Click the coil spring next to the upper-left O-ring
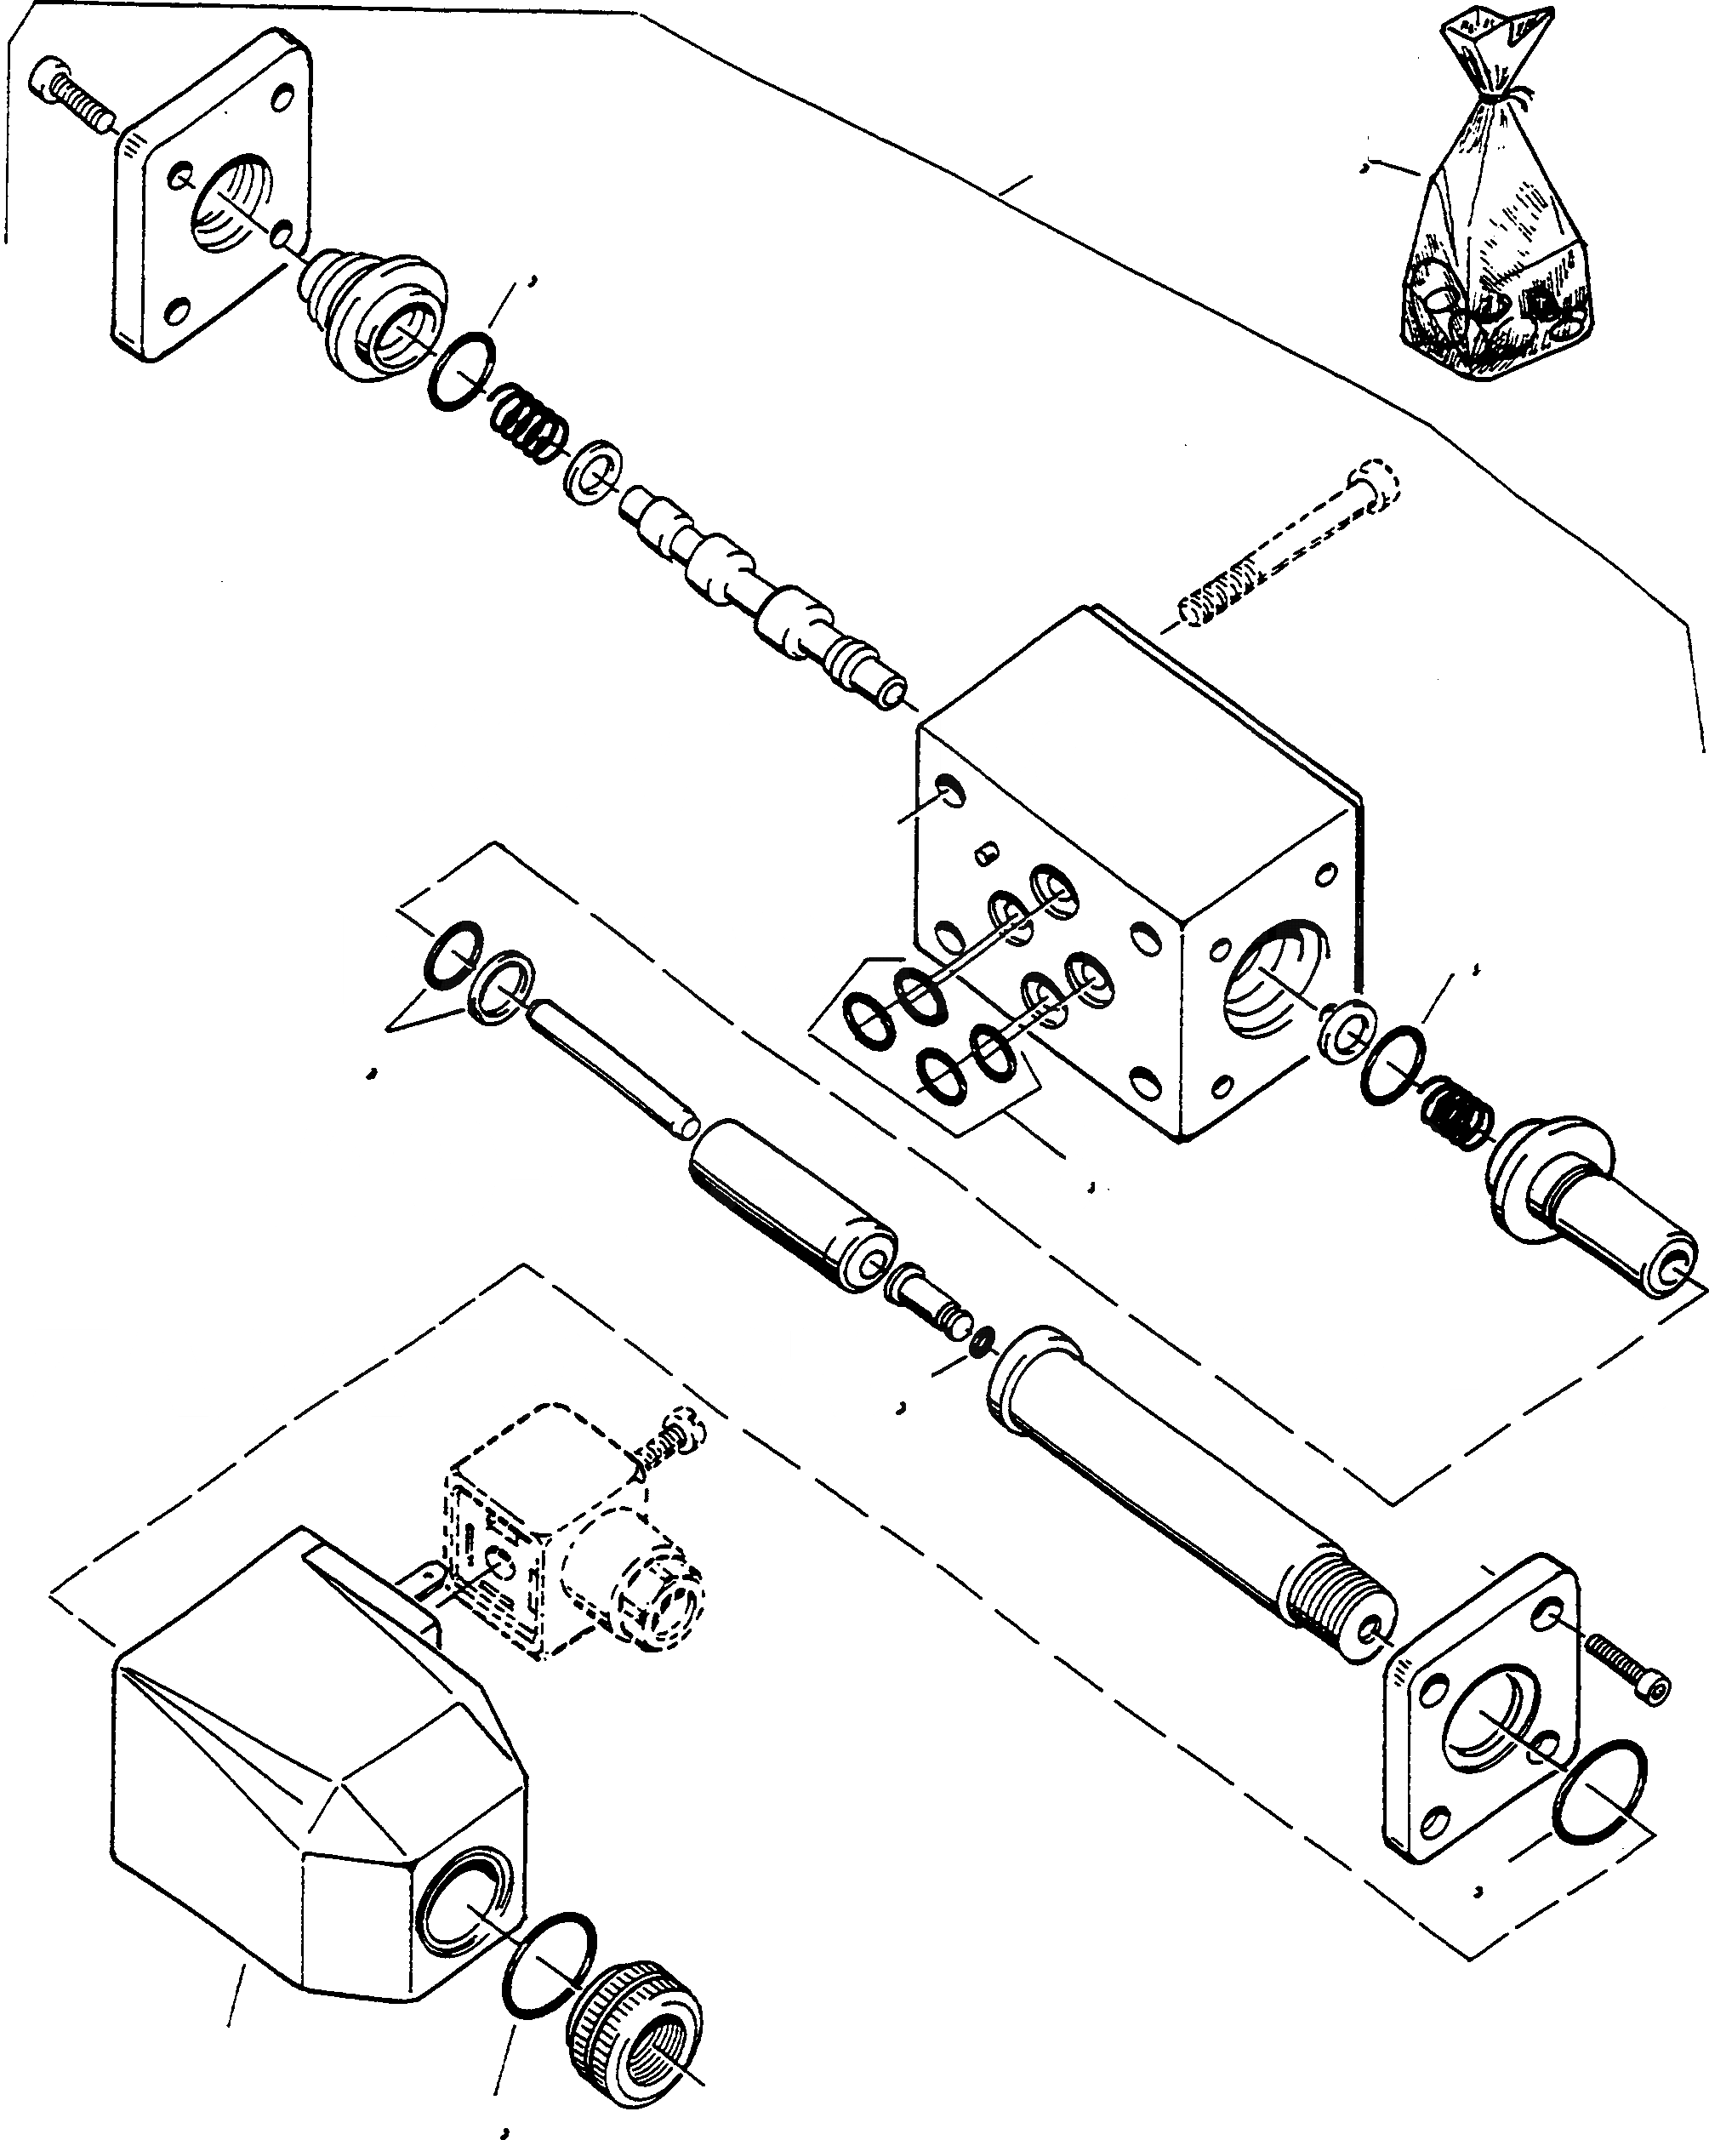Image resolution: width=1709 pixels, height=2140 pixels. (x=528, y=423)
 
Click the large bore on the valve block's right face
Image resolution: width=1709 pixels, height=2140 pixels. (x=1266, y=978)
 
